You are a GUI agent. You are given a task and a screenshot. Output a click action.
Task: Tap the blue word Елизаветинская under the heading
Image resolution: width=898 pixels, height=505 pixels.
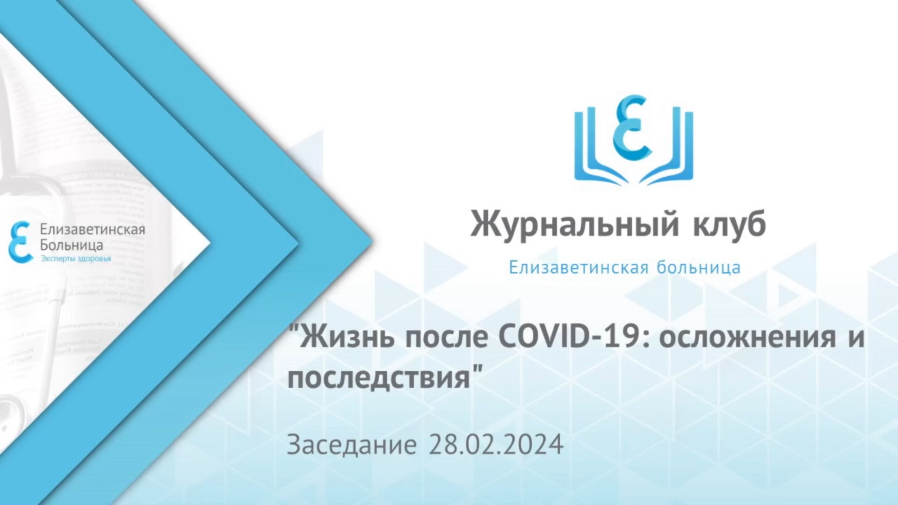click(579, 267)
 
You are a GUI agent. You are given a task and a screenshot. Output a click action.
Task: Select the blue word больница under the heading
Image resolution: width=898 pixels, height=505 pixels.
click(698, 267)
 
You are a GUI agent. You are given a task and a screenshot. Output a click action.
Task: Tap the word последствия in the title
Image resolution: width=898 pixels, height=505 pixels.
click(379, 378)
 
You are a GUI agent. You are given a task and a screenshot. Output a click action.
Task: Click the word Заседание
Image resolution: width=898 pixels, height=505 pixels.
click(351, 444)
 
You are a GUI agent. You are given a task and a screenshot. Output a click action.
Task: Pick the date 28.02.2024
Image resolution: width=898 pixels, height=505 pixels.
click(496, 444)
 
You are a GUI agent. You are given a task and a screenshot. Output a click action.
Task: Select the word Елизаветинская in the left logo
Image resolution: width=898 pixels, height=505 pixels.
click(92, 230)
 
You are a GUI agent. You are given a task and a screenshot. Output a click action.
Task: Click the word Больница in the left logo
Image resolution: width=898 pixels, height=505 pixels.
click(71, 245)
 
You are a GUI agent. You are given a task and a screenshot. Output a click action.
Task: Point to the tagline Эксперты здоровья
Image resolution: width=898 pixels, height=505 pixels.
click(76, 259)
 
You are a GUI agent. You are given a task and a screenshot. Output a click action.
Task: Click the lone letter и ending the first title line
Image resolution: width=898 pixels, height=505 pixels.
click(856, 338)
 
